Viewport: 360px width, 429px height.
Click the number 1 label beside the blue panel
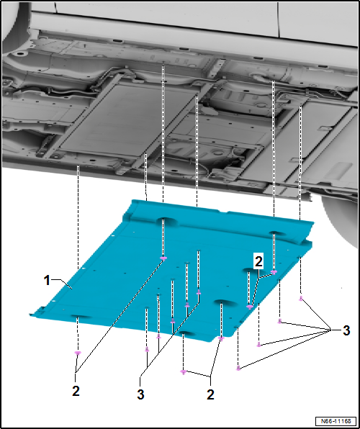48,281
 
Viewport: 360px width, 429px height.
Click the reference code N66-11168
336,420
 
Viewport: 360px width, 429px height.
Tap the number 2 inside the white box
258,262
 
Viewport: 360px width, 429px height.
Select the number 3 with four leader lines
346,331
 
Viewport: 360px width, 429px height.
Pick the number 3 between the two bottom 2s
140,394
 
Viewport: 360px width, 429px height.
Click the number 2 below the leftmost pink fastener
76,392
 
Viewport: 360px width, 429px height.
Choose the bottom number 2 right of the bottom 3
210,394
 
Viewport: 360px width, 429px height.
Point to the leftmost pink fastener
78,353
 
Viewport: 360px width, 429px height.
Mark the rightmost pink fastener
300,298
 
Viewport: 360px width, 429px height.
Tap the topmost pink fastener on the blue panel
163,258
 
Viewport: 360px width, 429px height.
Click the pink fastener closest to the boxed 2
274,272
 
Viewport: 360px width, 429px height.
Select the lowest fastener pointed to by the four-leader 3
238,368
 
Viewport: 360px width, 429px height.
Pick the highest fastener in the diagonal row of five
199,292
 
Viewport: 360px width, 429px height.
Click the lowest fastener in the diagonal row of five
147,349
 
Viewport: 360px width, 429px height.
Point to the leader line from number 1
62,283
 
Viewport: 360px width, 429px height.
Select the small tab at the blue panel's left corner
41,310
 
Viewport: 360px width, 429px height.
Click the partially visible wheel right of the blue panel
341,215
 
